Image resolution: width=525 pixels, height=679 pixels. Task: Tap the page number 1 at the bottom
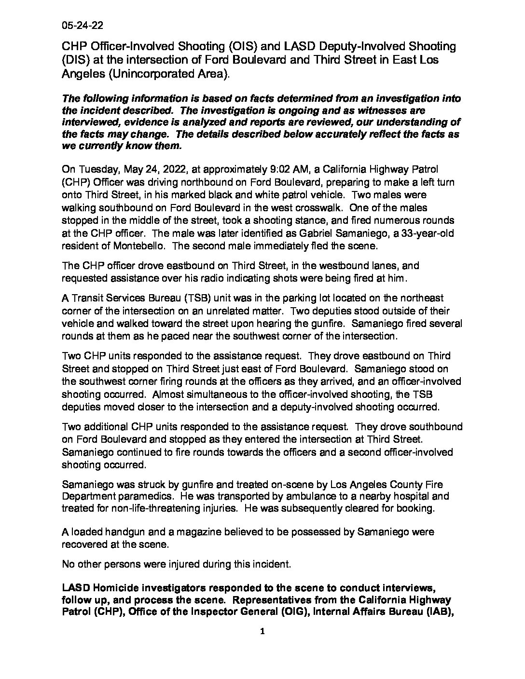pyautogui.click(x=262, y=631)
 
